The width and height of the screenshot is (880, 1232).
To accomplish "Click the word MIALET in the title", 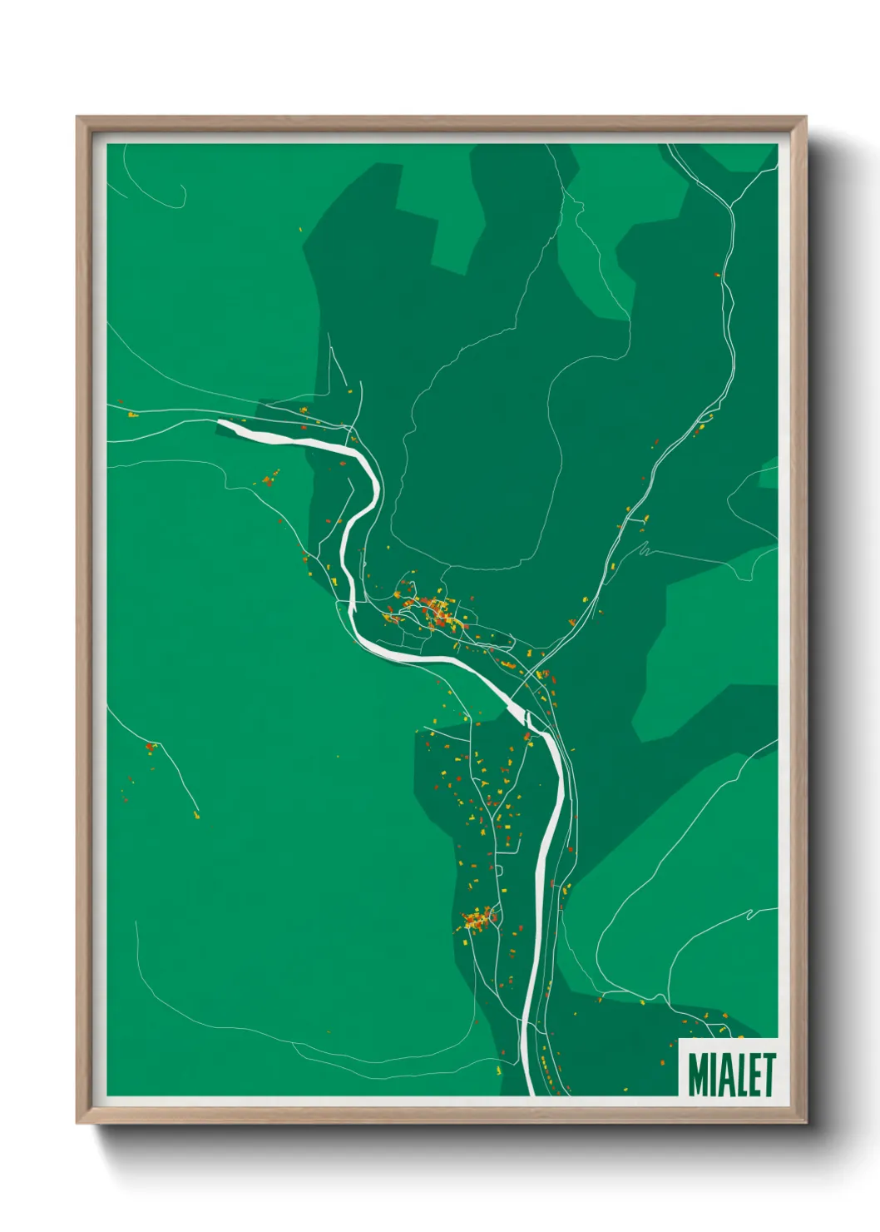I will (x=731, y=1075).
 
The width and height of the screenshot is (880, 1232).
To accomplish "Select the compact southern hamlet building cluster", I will (x=478, y=920).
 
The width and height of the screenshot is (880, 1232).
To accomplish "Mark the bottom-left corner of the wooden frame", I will (x=77, y=1122).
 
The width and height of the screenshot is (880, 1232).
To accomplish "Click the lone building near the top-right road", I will (x=717, y=274).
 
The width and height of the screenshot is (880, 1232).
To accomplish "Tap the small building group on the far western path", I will (x=151, y=747).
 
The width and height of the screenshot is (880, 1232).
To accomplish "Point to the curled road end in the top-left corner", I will (x=180, y=196).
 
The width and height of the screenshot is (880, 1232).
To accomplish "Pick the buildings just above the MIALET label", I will (x=711, y=1022).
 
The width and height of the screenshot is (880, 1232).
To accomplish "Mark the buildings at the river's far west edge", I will (x=131, y=413).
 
